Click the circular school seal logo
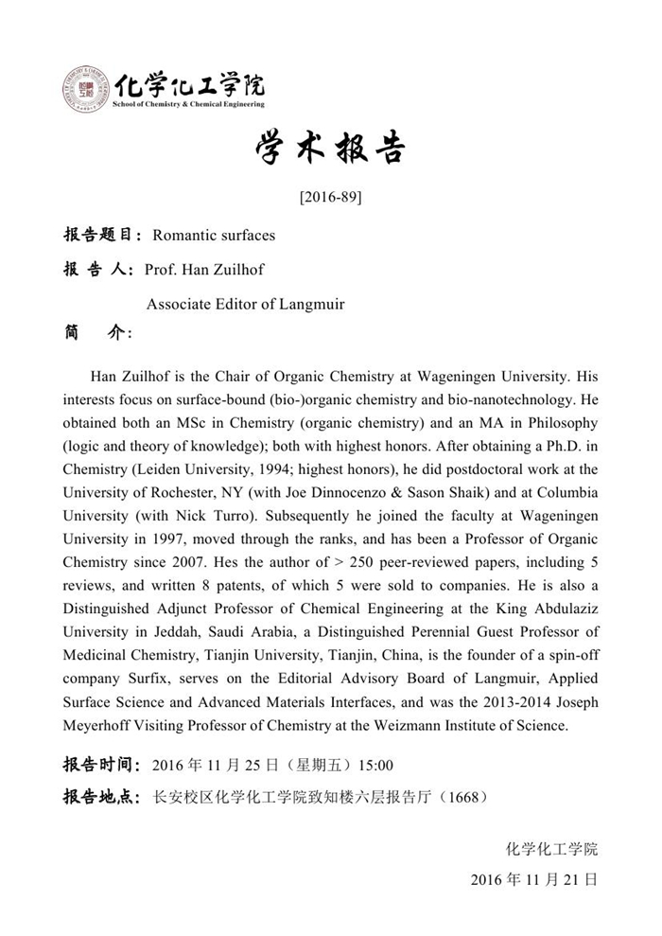pyautogui.click(x=86, y=90)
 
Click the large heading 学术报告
pyautogui.click(x=330, y=150)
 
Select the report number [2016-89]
pyautogui.click(x=330, y=198)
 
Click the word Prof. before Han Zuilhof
pyautogui.click(x=161, y=270)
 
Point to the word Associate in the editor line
pyautogui.click(x=179, y=305)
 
